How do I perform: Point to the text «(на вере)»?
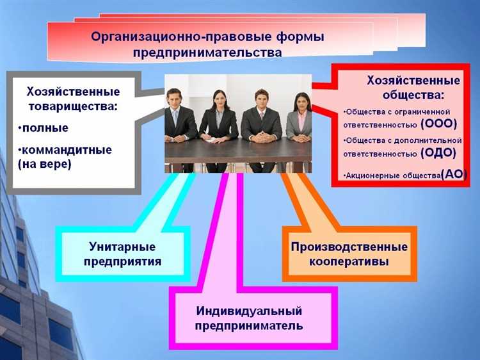coord(45,164)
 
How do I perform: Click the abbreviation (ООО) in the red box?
coord(438,124)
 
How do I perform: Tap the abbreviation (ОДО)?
coord(438,152)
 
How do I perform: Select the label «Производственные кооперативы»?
coord(349,254)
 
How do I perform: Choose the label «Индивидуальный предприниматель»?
coord(249,318)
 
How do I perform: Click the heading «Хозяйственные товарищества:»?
coord(72,97)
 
